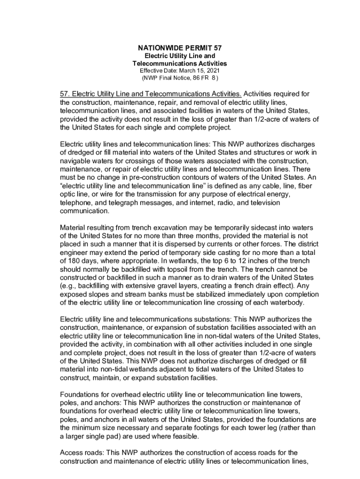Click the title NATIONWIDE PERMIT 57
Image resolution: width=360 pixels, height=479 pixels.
tap(180, 48)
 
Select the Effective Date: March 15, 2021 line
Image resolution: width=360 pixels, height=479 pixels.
tap(180, 70)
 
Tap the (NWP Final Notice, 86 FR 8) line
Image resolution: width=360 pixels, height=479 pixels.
tap(180, 77)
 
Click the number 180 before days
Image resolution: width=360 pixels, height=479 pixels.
tap(76, 261)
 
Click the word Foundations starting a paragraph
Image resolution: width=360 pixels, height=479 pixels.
tap(80, 394)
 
